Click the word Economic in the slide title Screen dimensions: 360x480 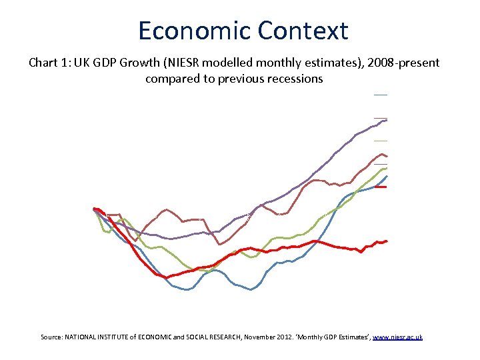(x=193, y=31)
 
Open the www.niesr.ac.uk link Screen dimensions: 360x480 (x=397, y=337)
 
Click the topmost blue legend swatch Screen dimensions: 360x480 (x=380, y=95)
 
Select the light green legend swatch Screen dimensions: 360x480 (x=380, y=141)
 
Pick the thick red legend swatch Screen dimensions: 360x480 (x=380, y=187)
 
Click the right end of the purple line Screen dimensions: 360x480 (x=386, y=120)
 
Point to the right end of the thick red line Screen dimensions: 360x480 (x=386, y=241)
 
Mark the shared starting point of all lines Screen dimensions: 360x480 (x=95, y=209)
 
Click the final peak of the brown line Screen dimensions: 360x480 (x=383, y=155)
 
